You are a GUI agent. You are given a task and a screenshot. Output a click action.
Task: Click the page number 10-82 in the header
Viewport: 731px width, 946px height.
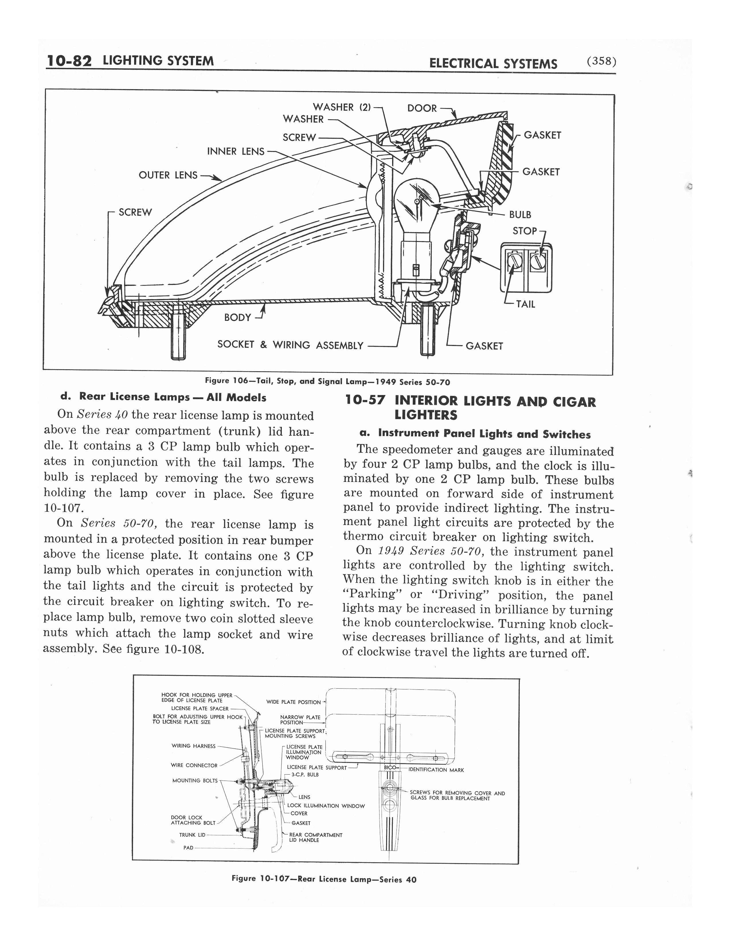(x=69, y=61)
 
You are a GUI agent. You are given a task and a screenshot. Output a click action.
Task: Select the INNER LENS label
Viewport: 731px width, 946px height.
(x=236, y=151)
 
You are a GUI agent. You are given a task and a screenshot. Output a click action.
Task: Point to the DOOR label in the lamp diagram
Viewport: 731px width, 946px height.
(x=422, y=108)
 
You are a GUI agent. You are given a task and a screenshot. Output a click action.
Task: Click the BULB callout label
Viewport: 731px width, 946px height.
(x=520, y=215)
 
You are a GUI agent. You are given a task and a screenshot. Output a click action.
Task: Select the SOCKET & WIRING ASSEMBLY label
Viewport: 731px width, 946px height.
(x=290, y=345)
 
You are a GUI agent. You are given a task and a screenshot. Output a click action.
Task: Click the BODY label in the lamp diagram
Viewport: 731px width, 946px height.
(x=237, y=318)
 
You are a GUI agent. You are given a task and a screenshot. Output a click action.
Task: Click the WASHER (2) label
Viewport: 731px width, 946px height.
(x=342, y=107)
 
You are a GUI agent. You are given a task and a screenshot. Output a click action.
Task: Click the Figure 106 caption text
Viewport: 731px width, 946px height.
(x=327, y=382)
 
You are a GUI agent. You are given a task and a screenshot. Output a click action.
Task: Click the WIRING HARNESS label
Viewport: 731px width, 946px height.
(x=193, y=746)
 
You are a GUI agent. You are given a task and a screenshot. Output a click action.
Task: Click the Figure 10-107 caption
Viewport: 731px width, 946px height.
(x=324, y=879)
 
